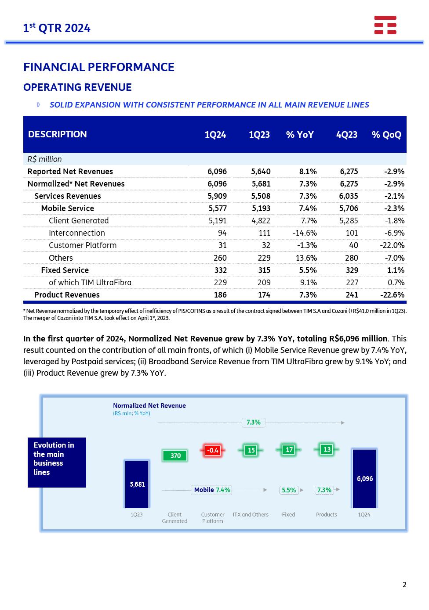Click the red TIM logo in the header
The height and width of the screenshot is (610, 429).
(385, 25)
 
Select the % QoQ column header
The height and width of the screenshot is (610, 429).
(386, 135)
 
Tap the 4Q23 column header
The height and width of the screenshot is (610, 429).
(346, 135)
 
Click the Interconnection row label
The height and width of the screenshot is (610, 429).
(77, 233)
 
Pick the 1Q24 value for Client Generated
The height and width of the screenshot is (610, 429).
(218, 221)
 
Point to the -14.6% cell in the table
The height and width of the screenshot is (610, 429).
(305, 233)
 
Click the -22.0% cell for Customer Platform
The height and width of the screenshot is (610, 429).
(392, 245)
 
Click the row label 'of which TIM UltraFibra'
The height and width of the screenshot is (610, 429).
(90, 283)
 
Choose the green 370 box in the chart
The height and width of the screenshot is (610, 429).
(175, 456)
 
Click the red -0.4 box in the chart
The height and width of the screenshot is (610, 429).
(213, 450)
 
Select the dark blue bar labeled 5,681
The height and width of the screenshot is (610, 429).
(137, 484)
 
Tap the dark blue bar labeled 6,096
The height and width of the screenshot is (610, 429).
(364, 478)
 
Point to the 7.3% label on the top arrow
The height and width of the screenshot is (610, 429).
(253, 422)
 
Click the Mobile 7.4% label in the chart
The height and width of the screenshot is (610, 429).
(212, 490)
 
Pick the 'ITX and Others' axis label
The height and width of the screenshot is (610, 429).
(251, 514)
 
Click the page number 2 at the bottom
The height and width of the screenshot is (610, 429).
(404, 585)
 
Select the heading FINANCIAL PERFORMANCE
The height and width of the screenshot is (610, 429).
(99, 67)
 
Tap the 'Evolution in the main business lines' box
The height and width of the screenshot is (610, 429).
(57, 462)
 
